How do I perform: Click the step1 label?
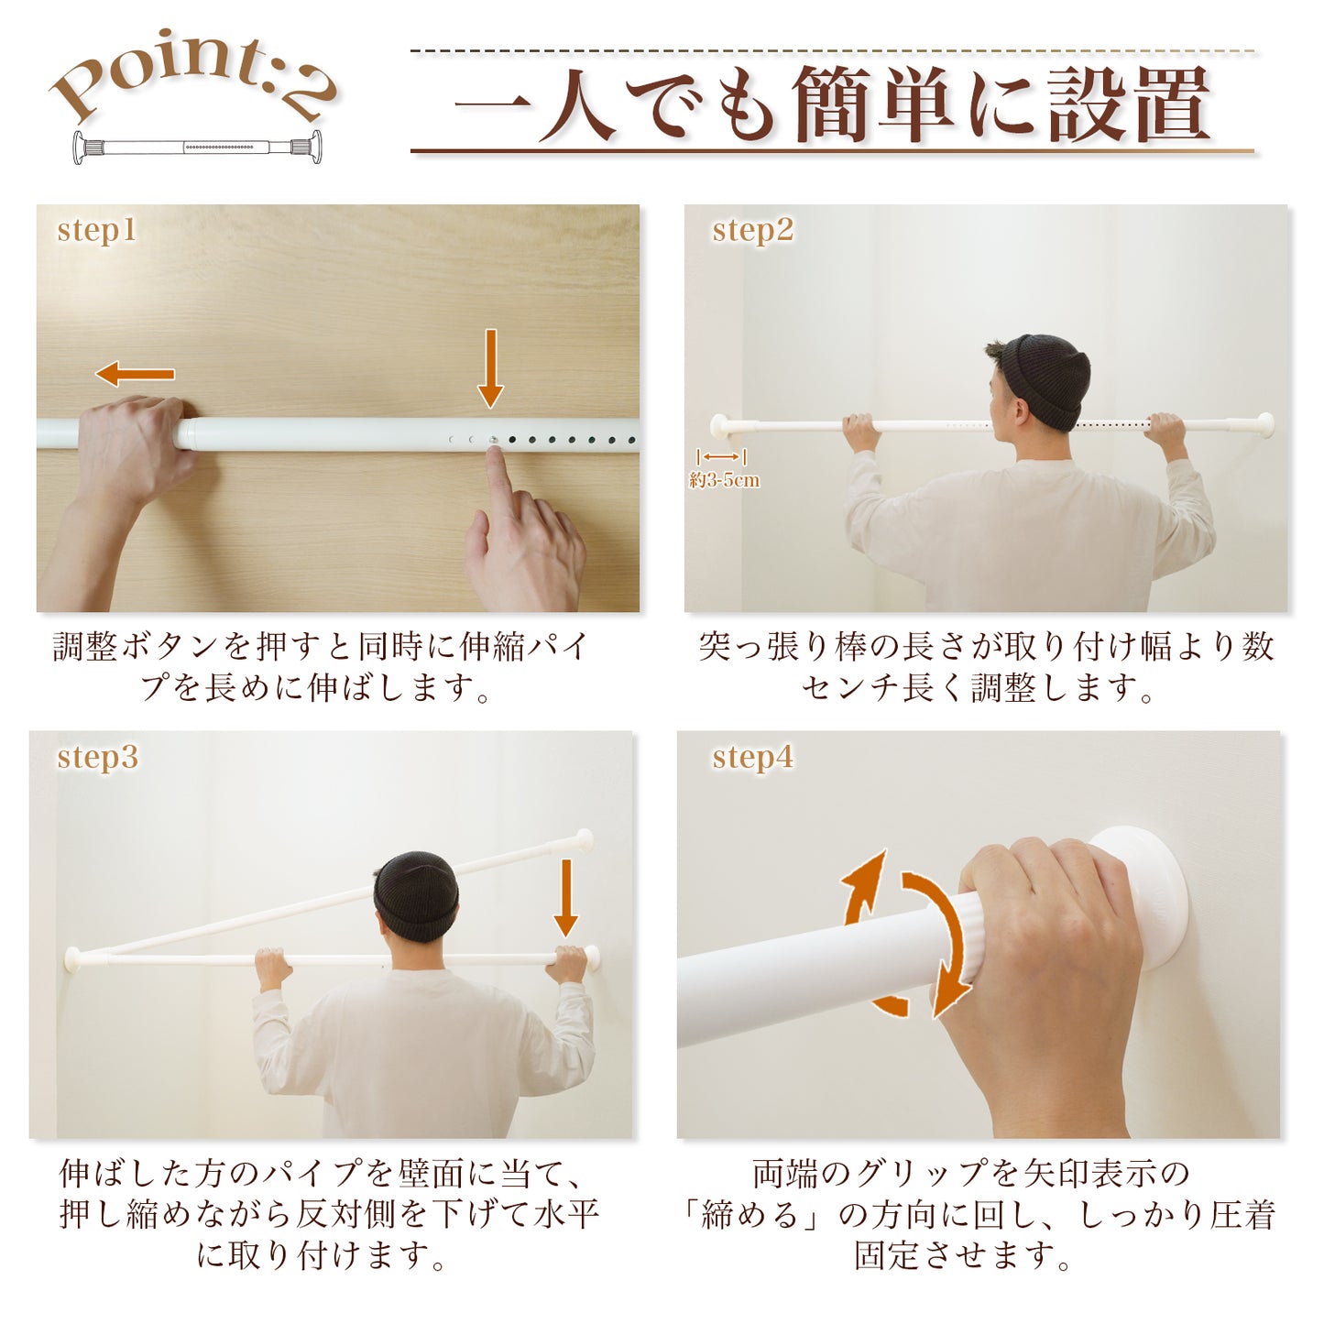pyautogui.click(x=96, y=230)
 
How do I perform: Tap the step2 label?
pyautogui.click(x=752, y=230)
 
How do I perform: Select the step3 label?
pyautogui.click(x=97, y=758)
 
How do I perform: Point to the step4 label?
pyautogui.click(x=752, y=758)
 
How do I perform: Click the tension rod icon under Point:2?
pyautogui.click(x=197, y=147)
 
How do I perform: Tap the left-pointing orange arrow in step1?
pyautogui.click(x=135, y=374)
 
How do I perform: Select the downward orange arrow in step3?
pyautogui.click(x=565, y=897)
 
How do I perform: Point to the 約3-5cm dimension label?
pyautogui.click(x=724, y=480)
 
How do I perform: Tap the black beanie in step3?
pyautogui.click(x=417, y=892)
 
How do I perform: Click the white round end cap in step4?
pyautogui.click(x=1145, y=893)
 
